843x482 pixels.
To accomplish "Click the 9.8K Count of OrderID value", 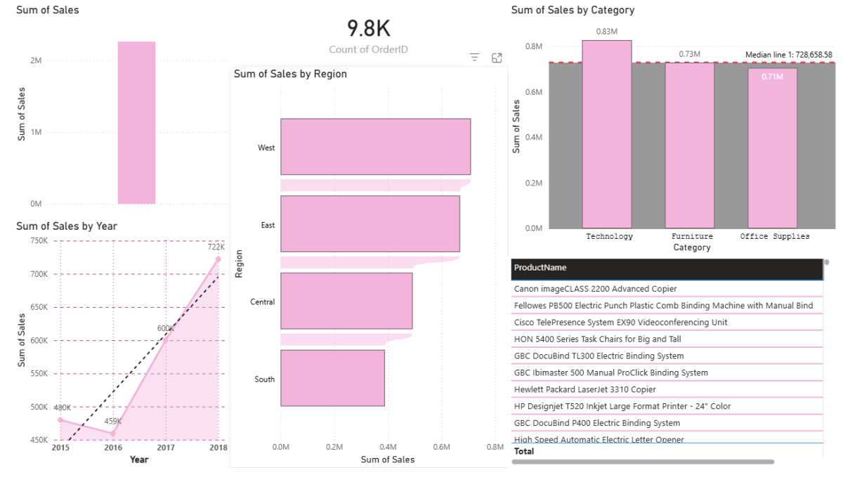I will [x=368, y=29].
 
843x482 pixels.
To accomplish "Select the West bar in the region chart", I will [x=375, y=147].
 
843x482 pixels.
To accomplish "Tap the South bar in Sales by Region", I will [x=332, y=378].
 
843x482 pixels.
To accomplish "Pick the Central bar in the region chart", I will [x=346, y=301].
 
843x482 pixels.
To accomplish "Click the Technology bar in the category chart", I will [x=607, y=133].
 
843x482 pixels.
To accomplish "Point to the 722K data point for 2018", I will [x=218, y=259].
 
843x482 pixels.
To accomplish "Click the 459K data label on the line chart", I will [x=114, y=422].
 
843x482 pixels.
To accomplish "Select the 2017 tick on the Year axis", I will [x=166, y=448].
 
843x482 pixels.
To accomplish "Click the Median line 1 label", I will [x=788, y=55].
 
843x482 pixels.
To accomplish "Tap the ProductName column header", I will [x=540, y=268].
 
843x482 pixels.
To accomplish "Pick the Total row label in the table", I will [x=524, y=451].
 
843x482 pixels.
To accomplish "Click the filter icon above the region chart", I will [x=475, y=58].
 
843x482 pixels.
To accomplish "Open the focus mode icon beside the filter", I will [x=497, y=58].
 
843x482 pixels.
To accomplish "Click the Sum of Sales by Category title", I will [x=573, y=11].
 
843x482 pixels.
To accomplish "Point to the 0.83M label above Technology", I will [x=606, y=32].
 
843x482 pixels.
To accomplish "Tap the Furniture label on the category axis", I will [x=692, y=237].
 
